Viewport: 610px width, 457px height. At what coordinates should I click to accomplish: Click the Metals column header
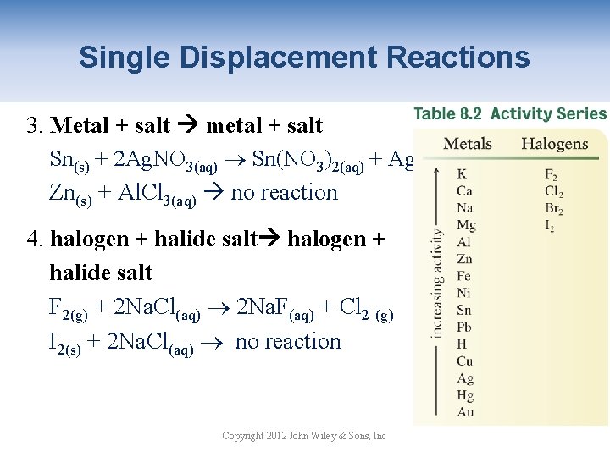pos(468,144)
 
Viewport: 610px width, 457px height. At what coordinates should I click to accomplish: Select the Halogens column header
pos(554,144)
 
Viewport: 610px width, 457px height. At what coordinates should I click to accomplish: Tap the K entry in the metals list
pos(462,174)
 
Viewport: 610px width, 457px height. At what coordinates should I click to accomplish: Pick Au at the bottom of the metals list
pos(465,412)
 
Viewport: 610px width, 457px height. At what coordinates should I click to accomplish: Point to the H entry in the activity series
pos(462,344)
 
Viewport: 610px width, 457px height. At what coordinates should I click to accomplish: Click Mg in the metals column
pos(466,225)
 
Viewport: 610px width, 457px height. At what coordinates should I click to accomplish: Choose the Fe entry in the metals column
pos(464,276)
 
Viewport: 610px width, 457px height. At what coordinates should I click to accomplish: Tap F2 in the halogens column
pos(552,175)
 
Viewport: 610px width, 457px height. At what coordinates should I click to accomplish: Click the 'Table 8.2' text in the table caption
pos(447,113)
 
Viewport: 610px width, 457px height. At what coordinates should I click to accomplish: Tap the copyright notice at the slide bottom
pos(303,436)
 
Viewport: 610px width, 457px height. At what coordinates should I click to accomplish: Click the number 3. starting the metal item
pos(35,126)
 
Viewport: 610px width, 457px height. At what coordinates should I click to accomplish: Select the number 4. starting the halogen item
pos(35,240)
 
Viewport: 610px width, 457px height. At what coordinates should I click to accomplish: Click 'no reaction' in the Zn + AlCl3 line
pos(284,192)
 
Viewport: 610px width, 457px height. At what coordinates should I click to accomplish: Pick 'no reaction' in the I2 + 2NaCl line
pos(288,342)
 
